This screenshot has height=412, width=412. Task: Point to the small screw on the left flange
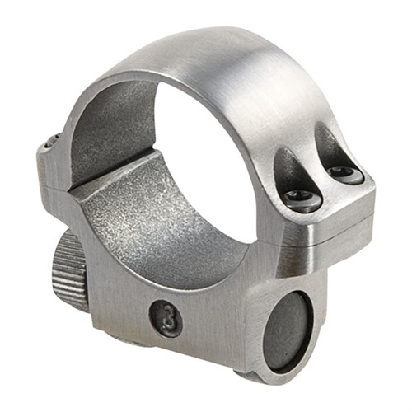point(52,142)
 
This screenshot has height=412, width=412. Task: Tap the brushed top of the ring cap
point(247,66)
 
